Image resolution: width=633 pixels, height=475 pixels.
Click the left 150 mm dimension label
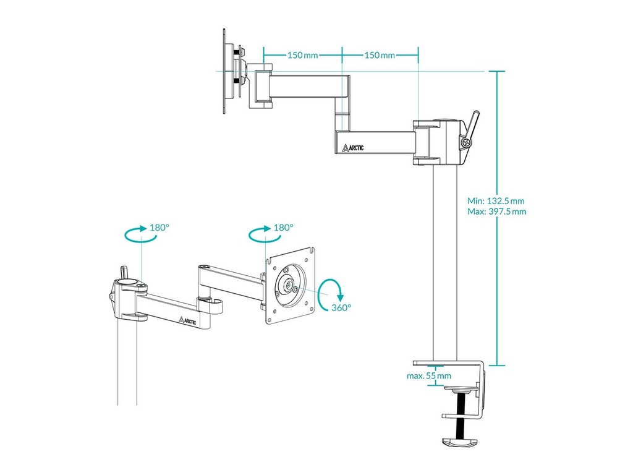click(302, 55)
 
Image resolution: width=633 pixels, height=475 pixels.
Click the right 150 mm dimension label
click(379, 55)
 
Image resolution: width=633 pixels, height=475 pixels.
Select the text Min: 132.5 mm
click(496, 201)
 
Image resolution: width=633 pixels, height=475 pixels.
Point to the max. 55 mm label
click(429, 375)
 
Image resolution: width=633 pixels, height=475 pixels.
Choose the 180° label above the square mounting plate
click(283, 228)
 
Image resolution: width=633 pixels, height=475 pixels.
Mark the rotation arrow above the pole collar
click(135, 234)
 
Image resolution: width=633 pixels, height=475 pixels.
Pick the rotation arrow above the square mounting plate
click(259, 234)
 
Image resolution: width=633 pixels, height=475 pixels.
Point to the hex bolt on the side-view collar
click(464, 143)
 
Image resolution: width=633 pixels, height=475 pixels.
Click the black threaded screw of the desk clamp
click(461, 415)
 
